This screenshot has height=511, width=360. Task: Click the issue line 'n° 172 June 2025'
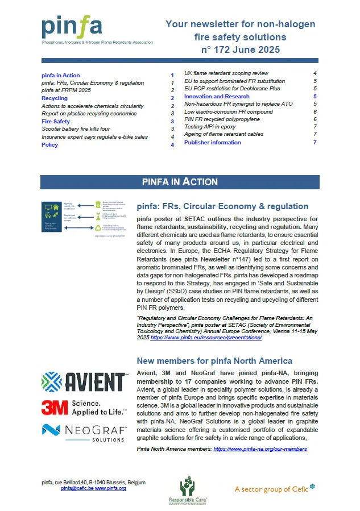point(241,50)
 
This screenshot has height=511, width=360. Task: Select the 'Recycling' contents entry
point(55,98)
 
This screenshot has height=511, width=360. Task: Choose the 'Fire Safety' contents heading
point(56,122)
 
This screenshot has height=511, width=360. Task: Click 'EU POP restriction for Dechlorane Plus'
point(232,89)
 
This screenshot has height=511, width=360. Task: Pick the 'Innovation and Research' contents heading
point(217,97)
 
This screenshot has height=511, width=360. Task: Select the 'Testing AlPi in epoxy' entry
point(210,127)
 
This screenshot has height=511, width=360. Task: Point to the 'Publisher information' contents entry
point(213,142)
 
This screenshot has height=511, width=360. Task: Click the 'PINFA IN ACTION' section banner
point(180,182)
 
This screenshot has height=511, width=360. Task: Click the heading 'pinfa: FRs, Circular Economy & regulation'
point(223,206)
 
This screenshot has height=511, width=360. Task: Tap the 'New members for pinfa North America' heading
point(214,361)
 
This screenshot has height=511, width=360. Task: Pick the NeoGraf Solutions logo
point(84,431)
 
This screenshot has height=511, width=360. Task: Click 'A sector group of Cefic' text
point(275,488)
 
